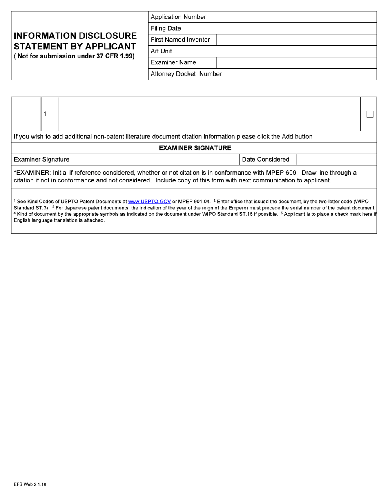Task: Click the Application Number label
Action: pos(178,17)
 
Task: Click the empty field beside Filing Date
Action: pos(305,29)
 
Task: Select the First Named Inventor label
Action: pos(180,40)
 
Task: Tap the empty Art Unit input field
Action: pos(305,51)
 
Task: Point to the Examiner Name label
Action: pos(173,63)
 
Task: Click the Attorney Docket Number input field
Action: pos(305,74)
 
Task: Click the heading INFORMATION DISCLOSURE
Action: pos(75,36)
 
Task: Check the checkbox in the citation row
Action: pos(370,114)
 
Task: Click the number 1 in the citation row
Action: pos(45,114)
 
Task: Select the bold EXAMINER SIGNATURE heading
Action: pos(195,148)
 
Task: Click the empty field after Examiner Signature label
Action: pos(156,160)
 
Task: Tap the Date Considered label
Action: pos(265,160)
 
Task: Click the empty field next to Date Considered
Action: pos(336,160)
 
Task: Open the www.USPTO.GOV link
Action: pos(149,202)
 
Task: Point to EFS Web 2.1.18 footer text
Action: pos(30,484)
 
